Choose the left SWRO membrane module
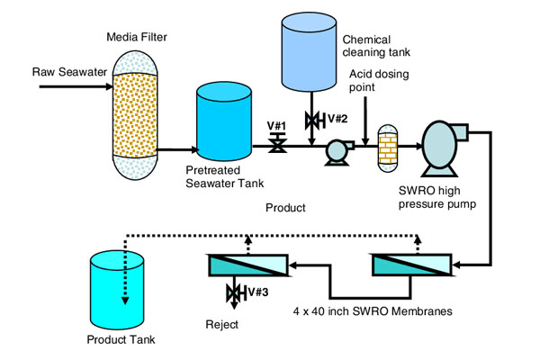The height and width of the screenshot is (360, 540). tap(247, 265)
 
